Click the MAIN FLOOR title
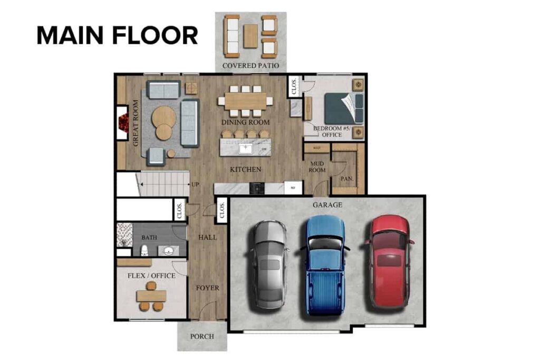[117, 35]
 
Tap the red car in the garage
[389, 262]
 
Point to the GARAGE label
[327, 205]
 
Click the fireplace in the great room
[123, 123]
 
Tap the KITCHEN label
[245, 170]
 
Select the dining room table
[245, 101]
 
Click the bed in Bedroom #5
[343, 108]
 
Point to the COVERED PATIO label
[250, 66]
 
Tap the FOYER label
[207, 288]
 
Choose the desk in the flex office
[151, 296]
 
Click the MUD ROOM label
[316, 167]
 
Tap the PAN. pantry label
[347, 179]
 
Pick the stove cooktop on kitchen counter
[257, 187]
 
